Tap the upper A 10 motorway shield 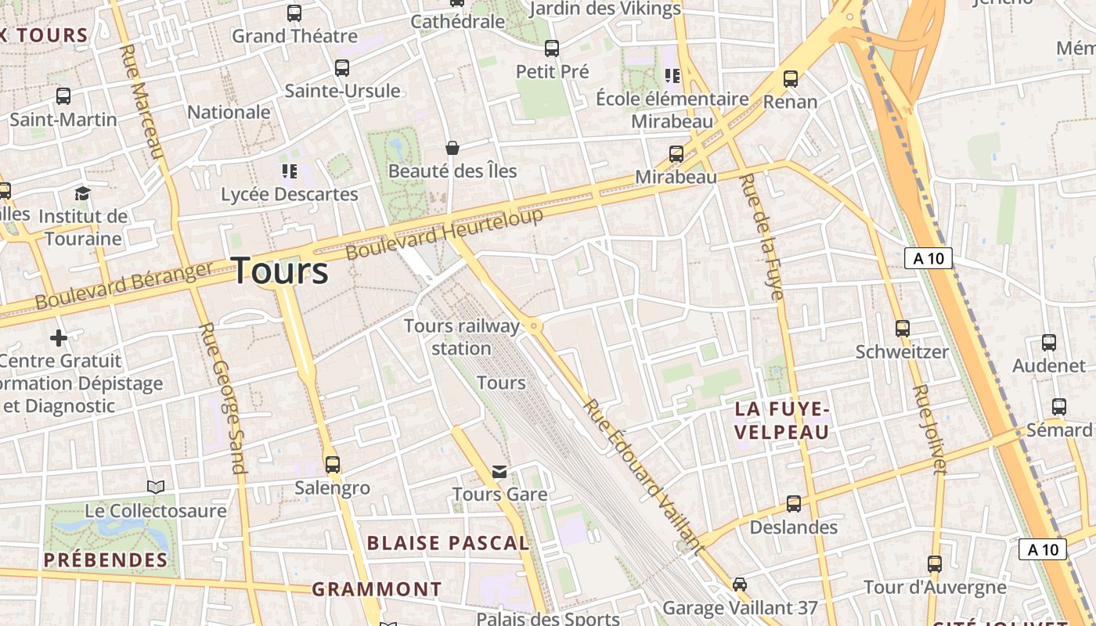(928, 258)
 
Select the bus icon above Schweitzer (903, 329)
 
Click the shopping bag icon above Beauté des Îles (452, 147)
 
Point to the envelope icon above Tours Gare (499, 472)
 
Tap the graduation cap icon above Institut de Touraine (82, 193)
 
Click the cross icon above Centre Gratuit (59, 338)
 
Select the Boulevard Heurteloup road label (444, 235)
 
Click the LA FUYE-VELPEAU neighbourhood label (781, 420)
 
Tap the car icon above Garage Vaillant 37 (740, 585)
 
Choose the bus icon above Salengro (333, 465)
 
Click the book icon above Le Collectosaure (156, 487)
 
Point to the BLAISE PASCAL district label (448, 542)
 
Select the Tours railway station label (461, 336)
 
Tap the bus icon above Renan (791, 78)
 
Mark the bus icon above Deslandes (794, 504)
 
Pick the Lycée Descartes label (290, 194)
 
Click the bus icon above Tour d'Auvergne (935, 563)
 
